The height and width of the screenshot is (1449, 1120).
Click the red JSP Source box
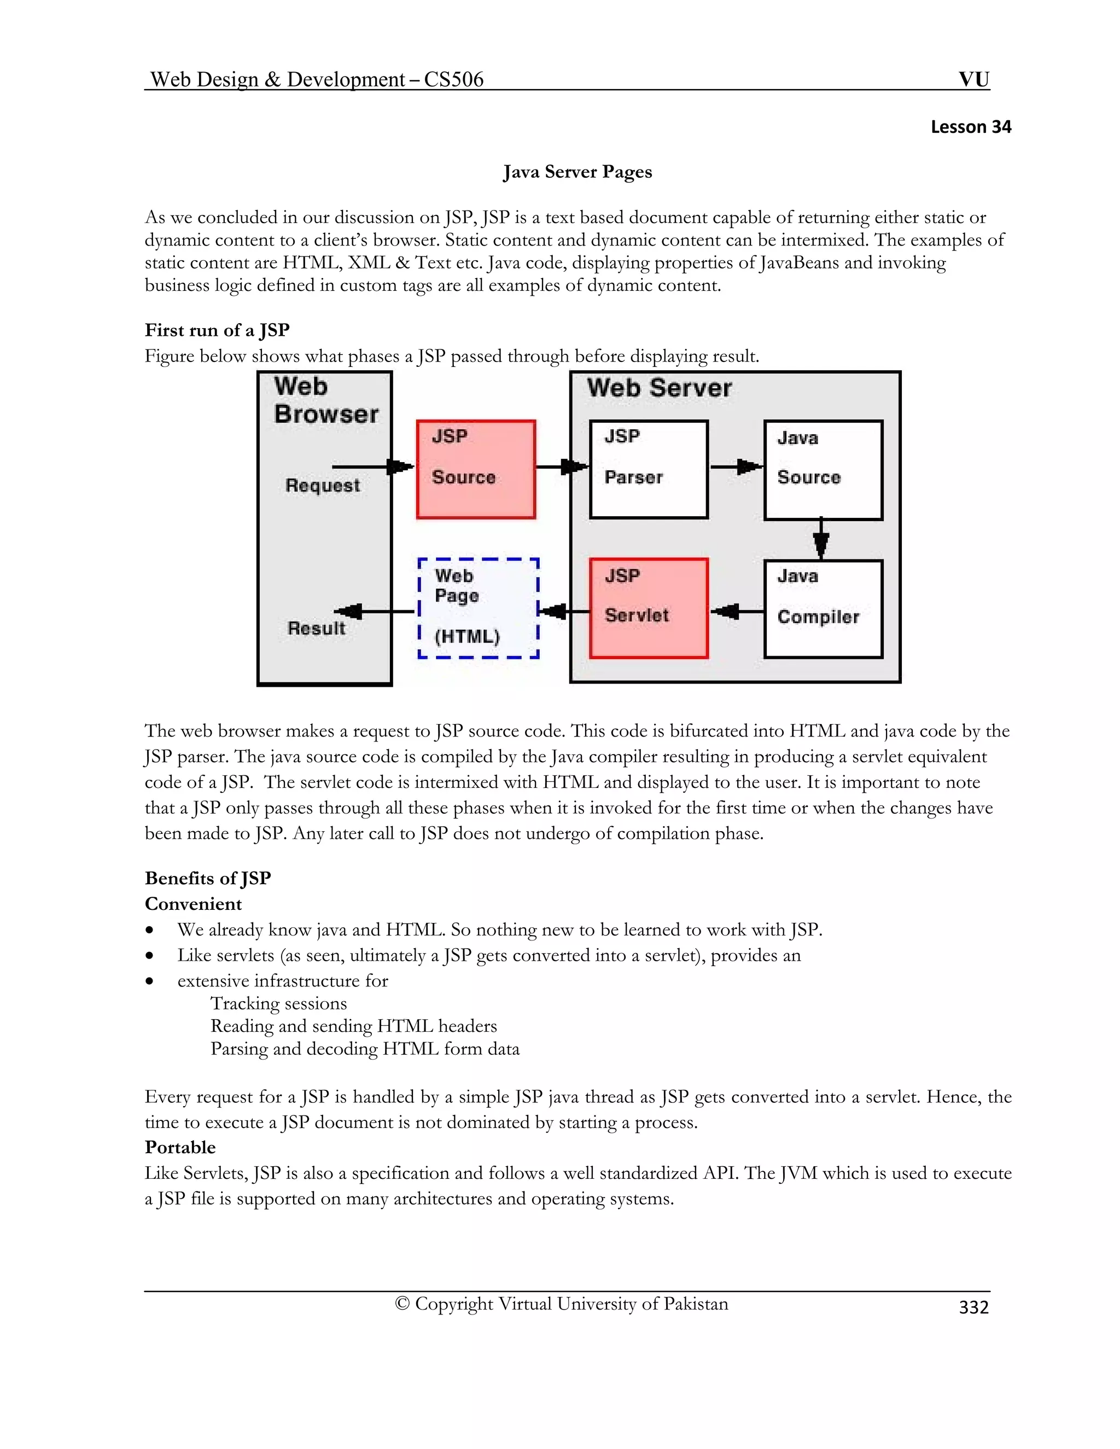pyautogui.click(x=476, y=469)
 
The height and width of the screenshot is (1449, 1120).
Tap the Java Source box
pyautogui.click(x=822, y=469)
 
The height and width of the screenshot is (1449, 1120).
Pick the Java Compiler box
pyautogui.click(x=822, y=609)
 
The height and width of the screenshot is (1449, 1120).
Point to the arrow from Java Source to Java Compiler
pyautogui.click(x=821, y=539)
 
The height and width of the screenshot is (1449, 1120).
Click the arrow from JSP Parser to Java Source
pyautogui.click(x=737, y=466)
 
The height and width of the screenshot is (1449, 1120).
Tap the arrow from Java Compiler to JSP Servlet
pyautogui.click(x=737, y=611)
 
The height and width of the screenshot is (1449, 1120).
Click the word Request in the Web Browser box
pyautogui.click(x=323, y=486)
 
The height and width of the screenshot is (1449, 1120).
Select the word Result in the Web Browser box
pyautogui.click(x=317, y=628)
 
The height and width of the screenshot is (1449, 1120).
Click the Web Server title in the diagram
pyautogui.click(x=659, y=388)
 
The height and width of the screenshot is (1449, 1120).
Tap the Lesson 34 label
pyautogui.click(x=971, y=127)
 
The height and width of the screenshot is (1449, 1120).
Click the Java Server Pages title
pyautogui.click(x=577, y=172)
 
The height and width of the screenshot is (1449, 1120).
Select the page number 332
pyautogui.click(x=973, y=1306)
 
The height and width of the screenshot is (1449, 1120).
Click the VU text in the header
pyautogui.click(x=973, y=80)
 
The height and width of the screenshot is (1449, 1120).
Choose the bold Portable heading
pyautogui.click(x=180, y=1147)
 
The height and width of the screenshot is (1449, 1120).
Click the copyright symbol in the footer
pyautogui.click(x=402, y=1304)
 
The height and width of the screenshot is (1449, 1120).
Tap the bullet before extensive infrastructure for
pyautogui.click(x=150, y=981)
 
